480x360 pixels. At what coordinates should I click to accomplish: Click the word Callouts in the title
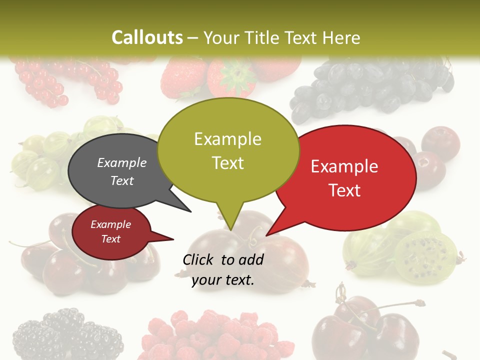coord(147,37)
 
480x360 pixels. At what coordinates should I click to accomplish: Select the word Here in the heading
coord(342,37)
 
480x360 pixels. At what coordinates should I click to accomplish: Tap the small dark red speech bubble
coord(111,232)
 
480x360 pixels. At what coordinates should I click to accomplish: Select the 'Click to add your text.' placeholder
coord(223,270)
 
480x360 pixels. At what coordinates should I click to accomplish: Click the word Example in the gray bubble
coord(121,162)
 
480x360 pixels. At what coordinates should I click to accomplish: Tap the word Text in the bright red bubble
coord(344,190)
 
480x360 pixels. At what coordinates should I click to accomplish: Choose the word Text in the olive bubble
coord(227,163)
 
